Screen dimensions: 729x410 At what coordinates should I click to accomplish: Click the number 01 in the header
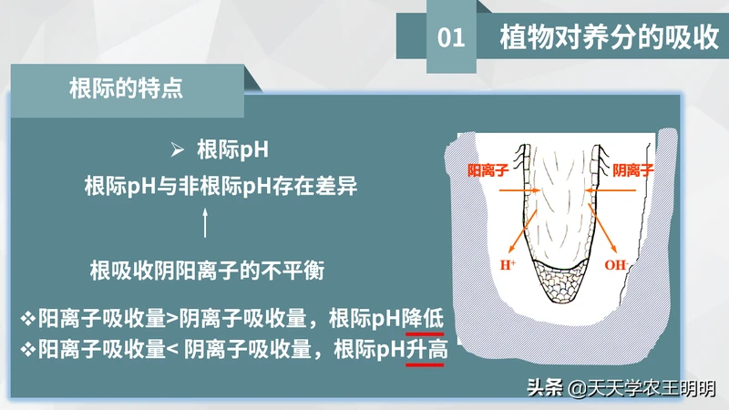(451, 37)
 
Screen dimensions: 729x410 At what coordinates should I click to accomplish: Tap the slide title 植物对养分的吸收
(610, 36)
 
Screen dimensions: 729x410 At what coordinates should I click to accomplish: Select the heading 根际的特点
(126, 87)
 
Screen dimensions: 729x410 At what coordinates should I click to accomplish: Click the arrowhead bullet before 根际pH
(177, 149)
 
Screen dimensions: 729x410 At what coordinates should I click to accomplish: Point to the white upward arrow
(205, 222)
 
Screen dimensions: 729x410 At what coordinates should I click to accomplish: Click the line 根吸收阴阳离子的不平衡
(207, 271)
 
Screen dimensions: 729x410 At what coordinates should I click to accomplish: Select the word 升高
(426, 349)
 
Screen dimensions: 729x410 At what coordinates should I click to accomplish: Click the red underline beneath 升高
(425, 365)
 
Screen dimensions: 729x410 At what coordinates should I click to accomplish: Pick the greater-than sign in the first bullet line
(172, 319)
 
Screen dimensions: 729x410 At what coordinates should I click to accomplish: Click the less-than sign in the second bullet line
(172, 350)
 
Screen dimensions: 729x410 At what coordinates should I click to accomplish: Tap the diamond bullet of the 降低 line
(28, 319)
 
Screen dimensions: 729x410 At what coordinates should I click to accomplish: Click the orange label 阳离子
(488, 170)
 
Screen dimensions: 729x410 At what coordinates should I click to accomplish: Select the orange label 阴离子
(632, 170)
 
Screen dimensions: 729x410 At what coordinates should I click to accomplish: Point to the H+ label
(508, 265)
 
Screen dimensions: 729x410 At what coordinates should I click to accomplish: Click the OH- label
(617, 265)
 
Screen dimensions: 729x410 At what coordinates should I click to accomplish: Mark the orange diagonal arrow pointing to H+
(522, 231)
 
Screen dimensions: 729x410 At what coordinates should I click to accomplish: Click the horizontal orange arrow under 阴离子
(610, 190)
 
